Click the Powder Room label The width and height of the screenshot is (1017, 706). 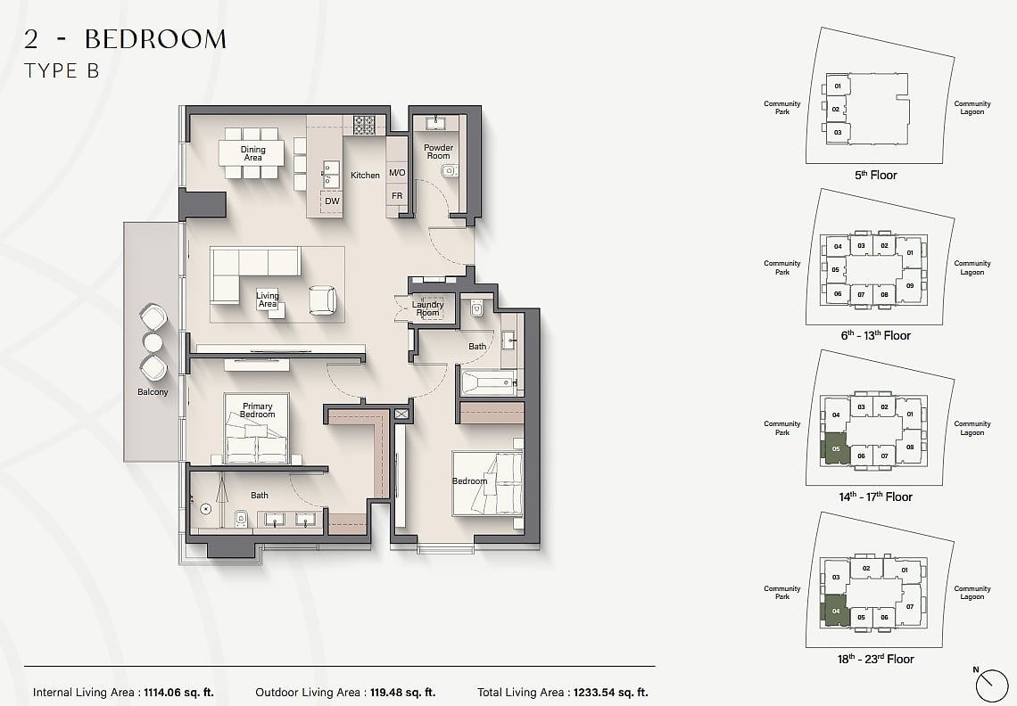tap(438, 152)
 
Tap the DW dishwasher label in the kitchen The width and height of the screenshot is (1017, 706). tap(332, 201)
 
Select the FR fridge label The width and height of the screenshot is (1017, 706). tap(397, 196)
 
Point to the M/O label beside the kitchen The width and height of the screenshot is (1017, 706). tap(397, 172)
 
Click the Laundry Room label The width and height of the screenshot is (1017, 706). tap(428, 308)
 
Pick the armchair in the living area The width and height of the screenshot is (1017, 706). tap(322, 300)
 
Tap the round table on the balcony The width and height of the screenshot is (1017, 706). tap(153, 342)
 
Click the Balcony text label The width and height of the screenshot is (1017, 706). tap(153, 392)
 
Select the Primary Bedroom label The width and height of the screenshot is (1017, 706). tap(258, 410)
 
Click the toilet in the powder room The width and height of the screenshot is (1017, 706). tap(448, 170)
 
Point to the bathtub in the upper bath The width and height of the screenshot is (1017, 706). tap(488, 382)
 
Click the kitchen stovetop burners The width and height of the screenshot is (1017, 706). tap(364, 125)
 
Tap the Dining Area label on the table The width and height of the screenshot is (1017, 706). tap(253, 153)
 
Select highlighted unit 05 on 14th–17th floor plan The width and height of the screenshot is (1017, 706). tap(835, 448)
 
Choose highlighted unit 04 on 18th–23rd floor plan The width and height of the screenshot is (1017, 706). tap(835, 611)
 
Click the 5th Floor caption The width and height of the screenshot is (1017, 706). tap(876, 175)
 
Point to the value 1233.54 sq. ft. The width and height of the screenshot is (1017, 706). tap(610, 693)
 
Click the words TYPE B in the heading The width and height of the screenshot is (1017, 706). tap(62, 70)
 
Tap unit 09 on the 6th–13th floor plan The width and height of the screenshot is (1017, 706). tap(910, 286)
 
